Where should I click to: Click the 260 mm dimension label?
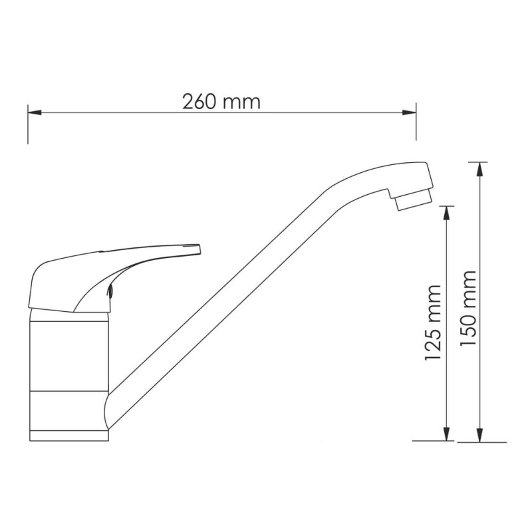click(x=221, y=102)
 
